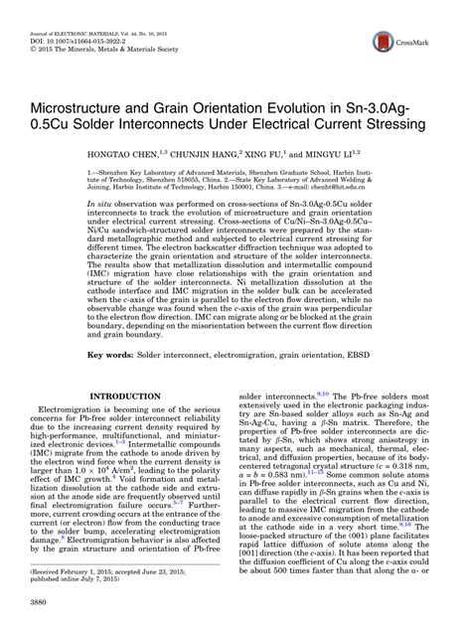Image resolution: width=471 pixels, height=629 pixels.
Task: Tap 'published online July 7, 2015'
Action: click(x=84, y=582)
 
